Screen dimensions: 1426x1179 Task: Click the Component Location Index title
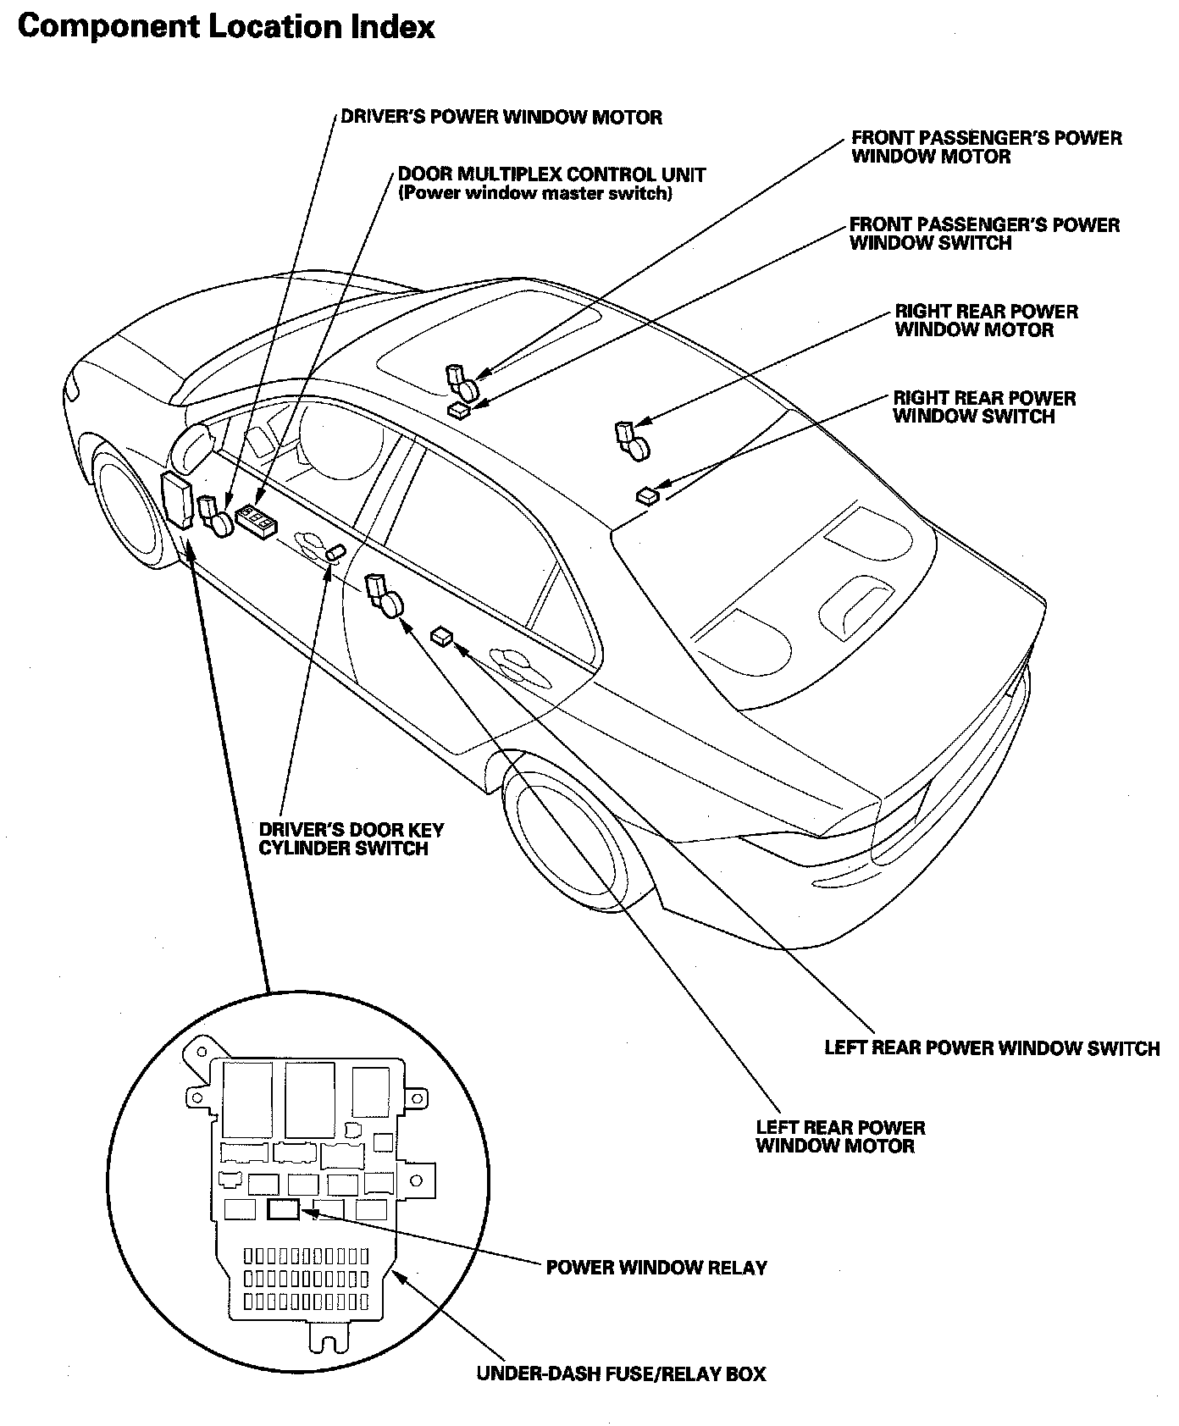click(225, 26)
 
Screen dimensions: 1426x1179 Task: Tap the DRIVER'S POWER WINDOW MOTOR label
click(501, 117)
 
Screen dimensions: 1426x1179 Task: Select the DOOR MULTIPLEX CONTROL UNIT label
click(551, 175)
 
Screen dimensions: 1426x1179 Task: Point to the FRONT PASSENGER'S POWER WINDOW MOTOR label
click(986, 146)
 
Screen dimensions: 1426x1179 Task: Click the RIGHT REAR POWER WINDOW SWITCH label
click(983, 407)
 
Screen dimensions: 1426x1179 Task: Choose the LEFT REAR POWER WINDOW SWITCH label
click(992, 1047)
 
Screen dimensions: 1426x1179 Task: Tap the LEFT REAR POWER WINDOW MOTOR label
click(840, 1136)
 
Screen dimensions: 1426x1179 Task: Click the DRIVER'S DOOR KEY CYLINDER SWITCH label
click(351, 839)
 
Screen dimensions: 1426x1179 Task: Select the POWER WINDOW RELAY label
click(656, 1268)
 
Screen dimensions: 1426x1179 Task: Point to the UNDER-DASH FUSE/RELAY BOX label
click(621, 1373)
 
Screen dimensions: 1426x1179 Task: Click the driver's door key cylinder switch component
click(335, 553)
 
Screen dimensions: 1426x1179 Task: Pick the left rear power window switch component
click(442, 635)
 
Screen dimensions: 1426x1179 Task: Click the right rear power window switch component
click(649, 495)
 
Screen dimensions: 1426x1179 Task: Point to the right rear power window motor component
click(634, 440)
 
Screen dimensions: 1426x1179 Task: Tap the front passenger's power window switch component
click(460, 411)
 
